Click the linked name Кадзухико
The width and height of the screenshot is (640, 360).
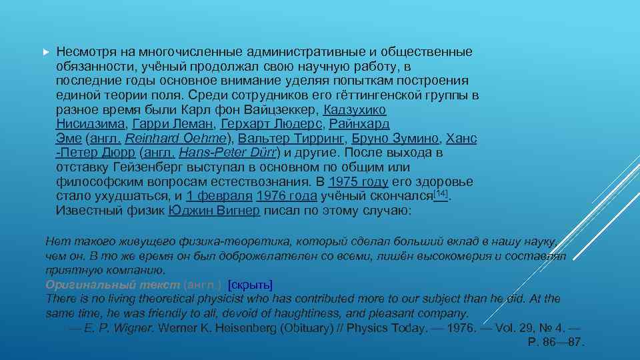pos(354,109)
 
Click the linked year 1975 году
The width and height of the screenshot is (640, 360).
pos(359,182)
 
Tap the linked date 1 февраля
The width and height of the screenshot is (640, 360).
pos(219,197)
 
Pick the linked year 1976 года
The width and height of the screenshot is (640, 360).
pos(286,197)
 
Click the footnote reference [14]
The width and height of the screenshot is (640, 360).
pos(440,194)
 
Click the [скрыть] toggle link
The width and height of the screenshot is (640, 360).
pos(250,285)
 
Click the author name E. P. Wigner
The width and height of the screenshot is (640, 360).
pos(119,329)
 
